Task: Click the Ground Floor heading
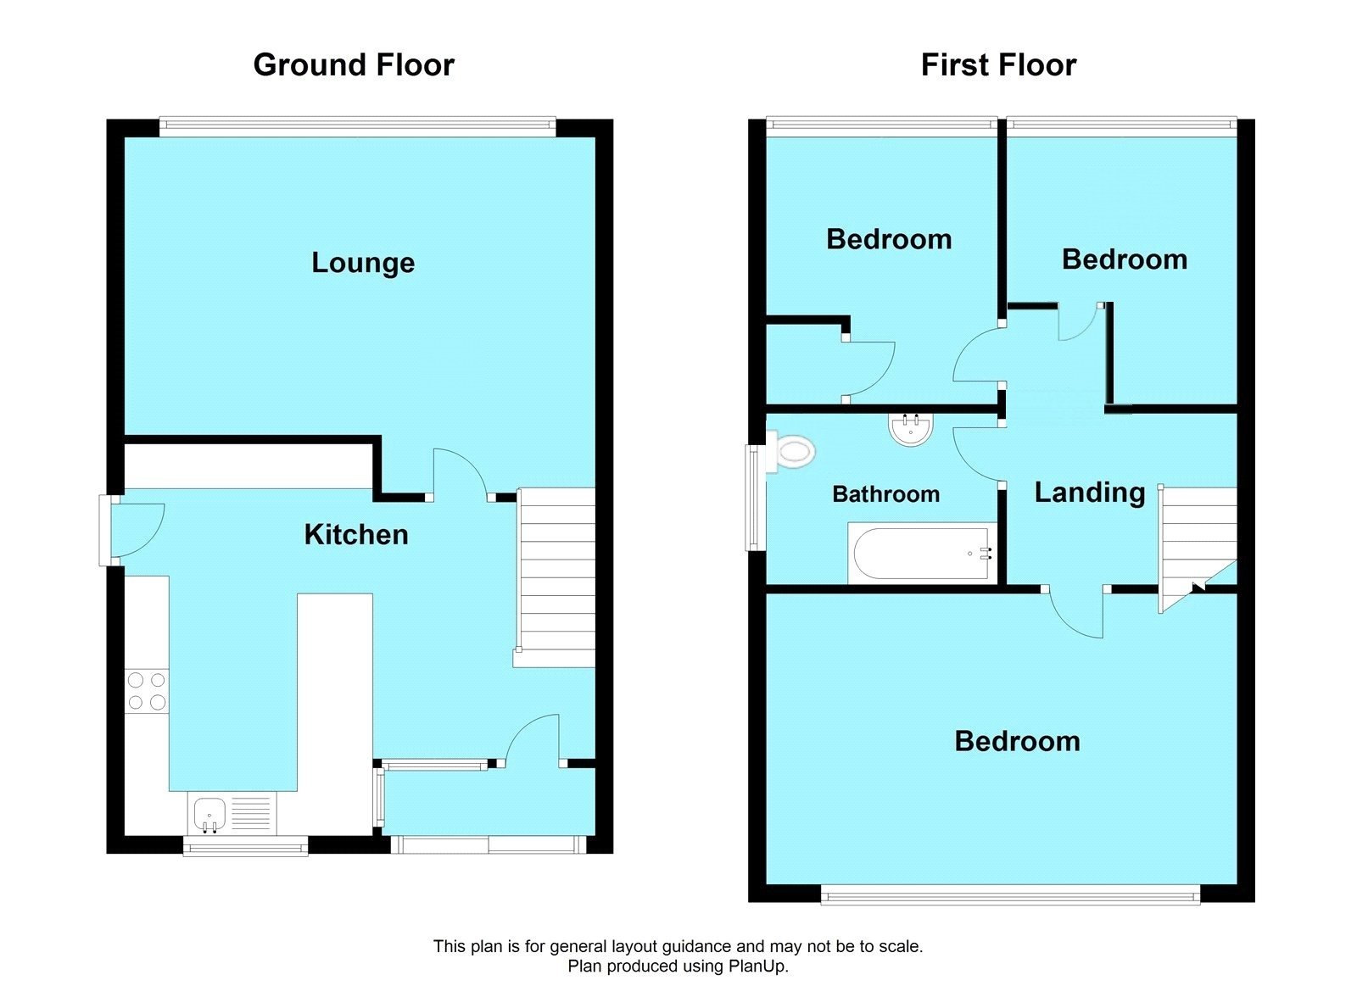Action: click(354, 65)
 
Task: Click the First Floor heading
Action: click(998, 65)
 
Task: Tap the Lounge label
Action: click(363, 263)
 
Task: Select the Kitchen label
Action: click(356, 535)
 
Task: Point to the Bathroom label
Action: click(885, 494)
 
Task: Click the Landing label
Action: click(1090, 493)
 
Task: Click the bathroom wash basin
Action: click(911, 428)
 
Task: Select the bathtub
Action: click(920, 554)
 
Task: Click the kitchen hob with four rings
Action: click(147, 691)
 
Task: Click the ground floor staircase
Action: click(556, 577)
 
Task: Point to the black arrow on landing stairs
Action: click(1197, 586)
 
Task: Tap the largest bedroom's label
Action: click(1017, 742)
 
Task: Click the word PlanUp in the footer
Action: click(757, 967)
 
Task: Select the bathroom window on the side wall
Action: click(752, 497)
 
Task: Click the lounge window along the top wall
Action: click(356, 126)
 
